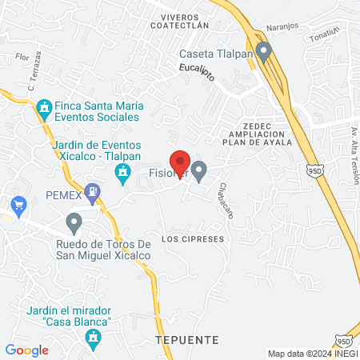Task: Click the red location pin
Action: pos(179,162)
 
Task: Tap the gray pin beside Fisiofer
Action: pos(199,170)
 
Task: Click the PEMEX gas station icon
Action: pos(94,193)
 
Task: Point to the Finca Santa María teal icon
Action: pos(44,107)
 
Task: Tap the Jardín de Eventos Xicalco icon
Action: pos(122,172)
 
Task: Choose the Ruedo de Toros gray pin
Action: pos(74,222)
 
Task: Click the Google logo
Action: pos(27,350)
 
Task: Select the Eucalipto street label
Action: pos(195,70)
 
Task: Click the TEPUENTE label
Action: pos(186,340)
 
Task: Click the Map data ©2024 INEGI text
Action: pos(311,353)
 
